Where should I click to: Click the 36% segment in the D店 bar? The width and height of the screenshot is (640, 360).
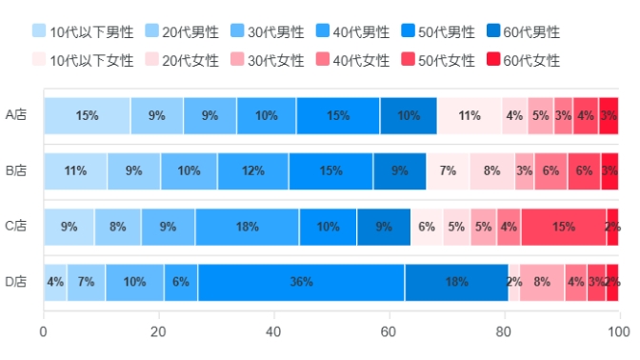tap(301, 282)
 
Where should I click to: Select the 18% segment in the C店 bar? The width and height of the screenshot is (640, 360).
tap(247, 227)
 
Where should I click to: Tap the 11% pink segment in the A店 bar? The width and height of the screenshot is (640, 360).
tap(469, 116)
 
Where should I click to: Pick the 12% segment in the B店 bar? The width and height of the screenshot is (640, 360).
tap(252, 171)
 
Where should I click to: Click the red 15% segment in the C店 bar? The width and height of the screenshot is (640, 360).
tap(563, 227)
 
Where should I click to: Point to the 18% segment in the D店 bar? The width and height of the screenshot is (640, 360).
tap(456, 282)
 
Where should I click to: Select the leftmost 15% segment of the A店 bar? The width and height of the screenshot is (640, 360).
tap(87, 116)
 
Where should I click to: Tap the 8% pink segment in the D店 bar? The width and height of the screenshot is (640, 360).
tap(541, 282)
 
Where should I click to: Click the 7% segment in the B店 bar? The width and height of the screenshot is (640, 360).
tap(448, 171)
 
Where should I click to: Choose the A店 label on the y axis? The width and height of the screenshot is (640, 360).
tap(16, 116)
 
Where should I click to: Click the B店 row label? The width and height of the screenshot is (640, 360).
tap(16, 171)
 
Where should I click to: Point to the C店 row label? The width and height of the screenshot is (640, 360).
tap(16, 227)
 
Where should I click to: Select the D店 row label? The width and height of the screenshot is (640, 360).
tap(16, 282)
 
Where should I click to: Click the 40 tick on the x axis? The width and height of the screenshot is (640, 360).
tap(274, 331)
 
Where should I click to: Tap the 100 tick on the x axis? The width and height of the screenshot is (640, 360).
tap(618, 331)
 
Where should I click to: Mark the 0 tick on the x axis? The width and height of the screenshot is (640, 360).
tap(44, 331)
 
